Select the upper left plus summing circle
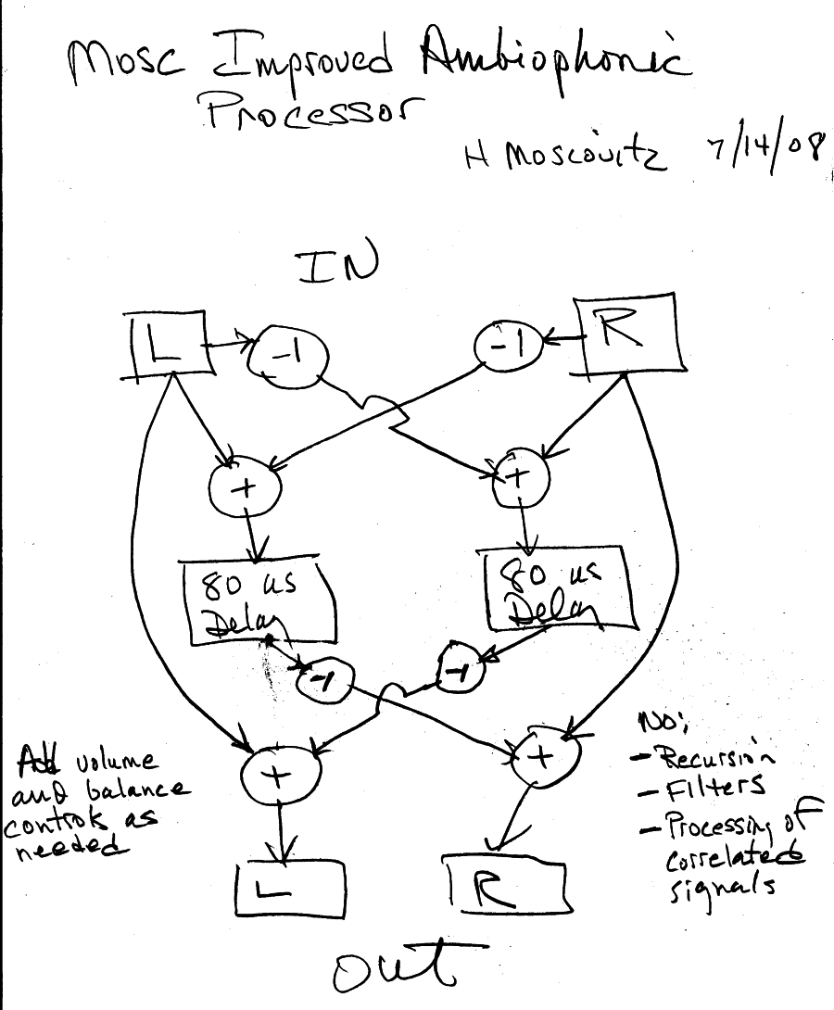click(x=245, y=489)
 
